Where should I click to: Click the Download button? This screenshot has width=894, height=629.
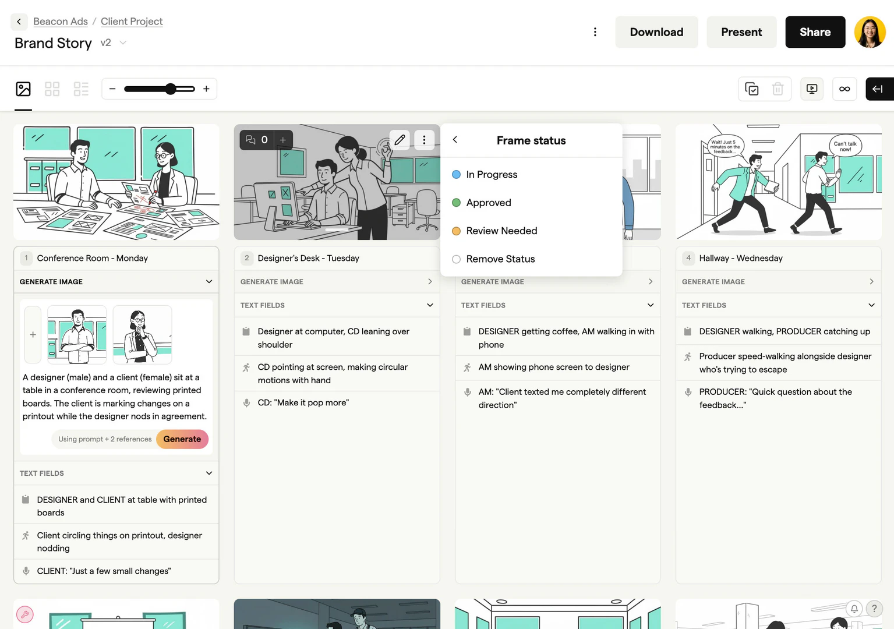(656, 32)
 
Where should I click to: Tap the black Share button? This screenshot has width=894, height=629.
(815, 32)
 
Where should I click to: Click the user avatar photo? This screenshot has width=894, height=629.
(870, 32)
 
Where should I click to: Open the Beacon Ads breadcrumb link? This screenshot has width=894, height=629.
(61, 22)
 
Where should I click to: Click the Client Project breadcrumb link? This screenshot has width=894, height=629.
(132, 22)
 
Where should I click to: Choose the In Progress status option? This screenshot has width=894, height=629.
(492, 175)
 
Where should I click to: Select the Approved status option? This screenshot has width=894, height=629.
(489, 203)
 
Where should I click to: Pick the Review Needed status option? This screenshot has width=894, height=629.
(501, 231)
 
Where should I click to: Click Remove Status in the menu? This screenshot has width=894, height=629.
(500, 259)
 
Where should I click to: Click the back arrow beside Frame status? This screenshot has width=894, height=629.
(455, 140)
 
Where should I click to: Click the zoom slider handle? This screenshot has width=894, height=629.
(170, 89)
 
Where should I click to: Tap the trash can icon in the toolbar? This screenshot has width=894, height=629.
(778, 89)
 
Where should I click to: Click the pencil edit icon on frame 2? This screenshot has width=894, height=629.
(400, 140)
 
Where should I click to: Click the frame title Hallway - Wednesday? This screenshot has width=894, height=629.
(741, 258)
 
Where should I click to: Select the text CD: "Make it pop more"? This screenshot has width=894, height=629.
(303, 402)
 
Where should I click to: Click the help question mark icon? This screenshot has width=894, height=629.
(874, 609)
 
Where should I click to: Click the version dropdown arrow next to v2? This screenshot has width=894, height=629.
(123, 43)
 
